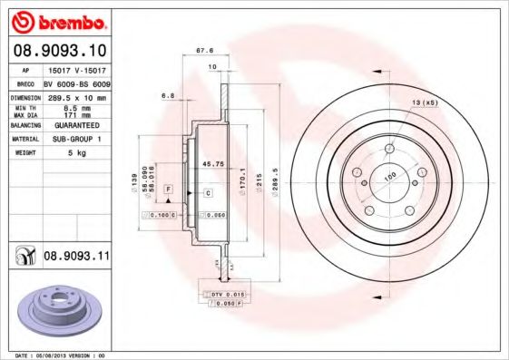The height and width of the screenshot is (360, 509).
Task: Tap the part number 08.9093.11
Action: tap(76, 258)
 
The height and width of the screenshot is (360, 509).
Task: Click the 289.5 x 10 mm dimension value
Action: tap(76, 96)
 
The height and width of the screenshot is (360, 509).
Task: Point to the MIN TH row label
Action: tap(24, 108)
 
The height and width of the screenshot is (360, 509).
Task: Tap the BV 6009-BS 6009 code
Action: tap(76, 83)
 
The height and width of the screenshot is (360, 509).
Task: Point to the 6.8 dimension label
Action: tap(167, 94)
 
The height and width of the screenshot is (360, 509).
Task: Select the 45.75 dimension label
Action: tap(212, 164)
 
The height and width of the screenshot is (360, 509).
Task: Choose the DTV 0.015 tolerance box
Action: tap(221, 296)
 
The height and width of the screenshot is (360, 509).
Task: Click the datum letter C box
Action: tap(208, 193)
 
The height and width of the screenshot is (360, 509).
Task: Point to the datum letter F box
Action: tap(168, 188)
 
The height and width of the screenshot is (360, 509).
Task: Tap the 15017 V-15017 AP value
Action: tap(76, 69)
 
